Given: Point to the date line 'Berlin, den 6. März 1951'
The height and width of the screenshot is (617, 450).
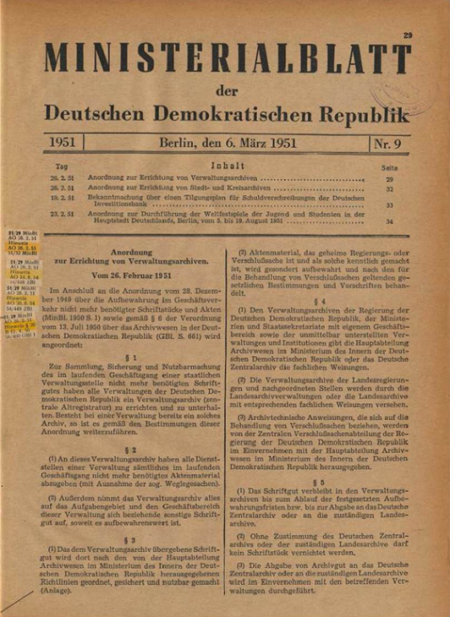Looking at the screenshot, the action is pos(227,143).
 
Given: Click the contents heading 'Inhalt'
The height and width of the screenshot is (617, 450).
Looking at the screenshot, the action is pos(228,167).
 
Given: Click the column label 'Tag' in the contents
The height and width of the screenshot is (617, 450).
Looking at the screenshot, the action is pos(61,167).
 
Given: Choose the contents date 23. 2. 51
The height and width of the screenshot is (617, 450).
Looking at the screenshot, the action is pos(62,215).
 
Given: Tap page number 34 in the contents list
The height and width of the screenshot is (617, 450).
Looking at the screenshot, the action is pos(389,222).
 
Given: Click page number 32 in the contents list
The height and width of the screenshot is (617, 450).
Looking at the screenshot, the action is pos(389,188).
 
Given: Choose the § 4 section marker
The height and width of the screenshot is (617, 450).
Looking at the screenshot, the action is pos(320,301).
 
